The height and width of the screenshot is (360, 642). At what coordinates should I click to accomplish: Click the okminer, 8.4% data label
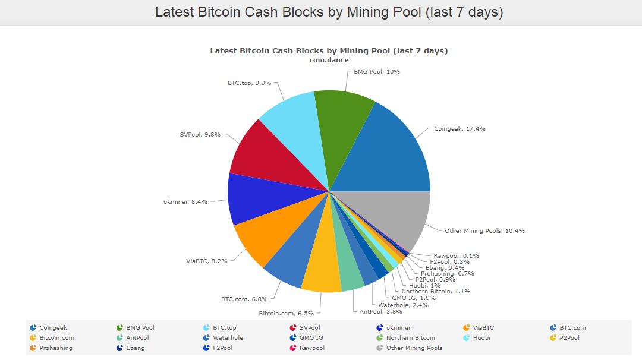tap(185, 201)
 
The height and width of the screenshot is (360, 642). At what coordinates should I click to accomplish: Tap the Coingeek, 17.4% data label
tap(460, 128)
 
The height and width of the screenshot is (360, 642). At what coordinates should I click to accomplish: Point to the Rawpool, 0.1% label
tap(456, 255)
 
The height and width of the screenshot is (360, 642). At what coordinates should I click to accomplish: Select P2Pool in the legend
tap(569, 338)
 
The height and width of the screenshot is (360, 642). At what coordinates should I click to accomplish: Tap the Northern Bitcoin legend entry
tap(410, 338)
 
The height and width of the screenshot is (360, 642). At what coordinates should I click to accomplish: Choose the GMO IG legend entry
tap(311, 338)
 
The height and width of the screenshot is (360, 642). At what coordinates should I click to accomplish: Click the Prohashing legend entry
tap(55, 348)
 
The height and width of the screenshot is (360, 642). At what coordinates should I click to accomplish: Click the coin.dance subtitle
tap(329, 60)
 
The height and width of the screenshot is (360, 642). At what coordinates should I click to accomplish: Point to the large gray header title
tap(329, 12)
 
